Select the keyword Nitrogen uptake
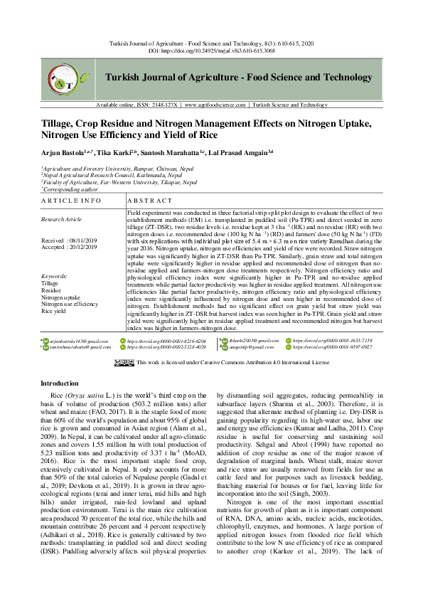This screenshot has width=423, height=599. coord(61,297)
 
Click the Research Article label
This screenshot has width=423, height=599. coord(63,220)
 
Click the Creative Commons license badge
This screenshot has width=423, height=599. coord(124,363)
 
